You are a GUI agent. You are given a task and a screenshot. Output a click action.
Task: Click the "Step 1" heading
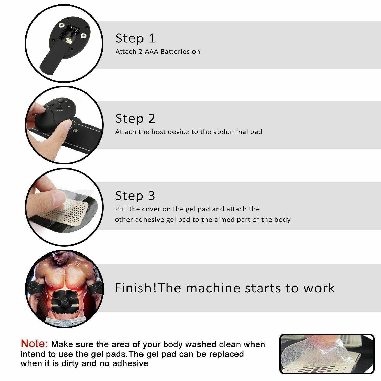coord(135,38)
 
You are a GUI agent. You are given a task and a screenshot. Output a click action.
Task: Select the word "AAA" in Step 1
coord(152,52)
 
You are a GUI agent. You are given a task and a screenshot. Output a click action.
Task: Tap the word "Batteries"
coord(175,52)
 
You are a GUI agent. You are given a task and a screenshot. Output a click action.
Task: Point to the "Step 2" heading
coord(135,119)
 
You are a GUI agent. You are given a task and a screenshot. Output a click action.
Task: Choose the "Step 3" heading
coord(135,196)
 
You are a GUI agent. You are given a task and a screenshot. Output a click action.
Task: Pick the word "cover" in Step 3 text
coord(152,209)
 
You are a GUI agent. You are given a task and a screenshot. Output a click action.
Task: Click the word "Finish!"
coord(136,288)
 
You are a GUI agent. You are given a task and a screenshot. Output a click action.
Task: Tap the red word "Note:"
coord(34,344)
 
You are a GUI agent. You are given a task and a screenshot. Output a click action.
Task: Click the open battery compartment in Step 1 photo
coord(71,33)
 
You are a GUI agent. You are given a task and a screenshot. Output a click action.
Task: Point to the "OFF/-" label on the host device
coord(59,110)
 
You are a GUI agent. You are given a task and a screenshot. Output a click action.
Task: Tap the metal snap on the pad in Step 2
coord(75,131)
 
